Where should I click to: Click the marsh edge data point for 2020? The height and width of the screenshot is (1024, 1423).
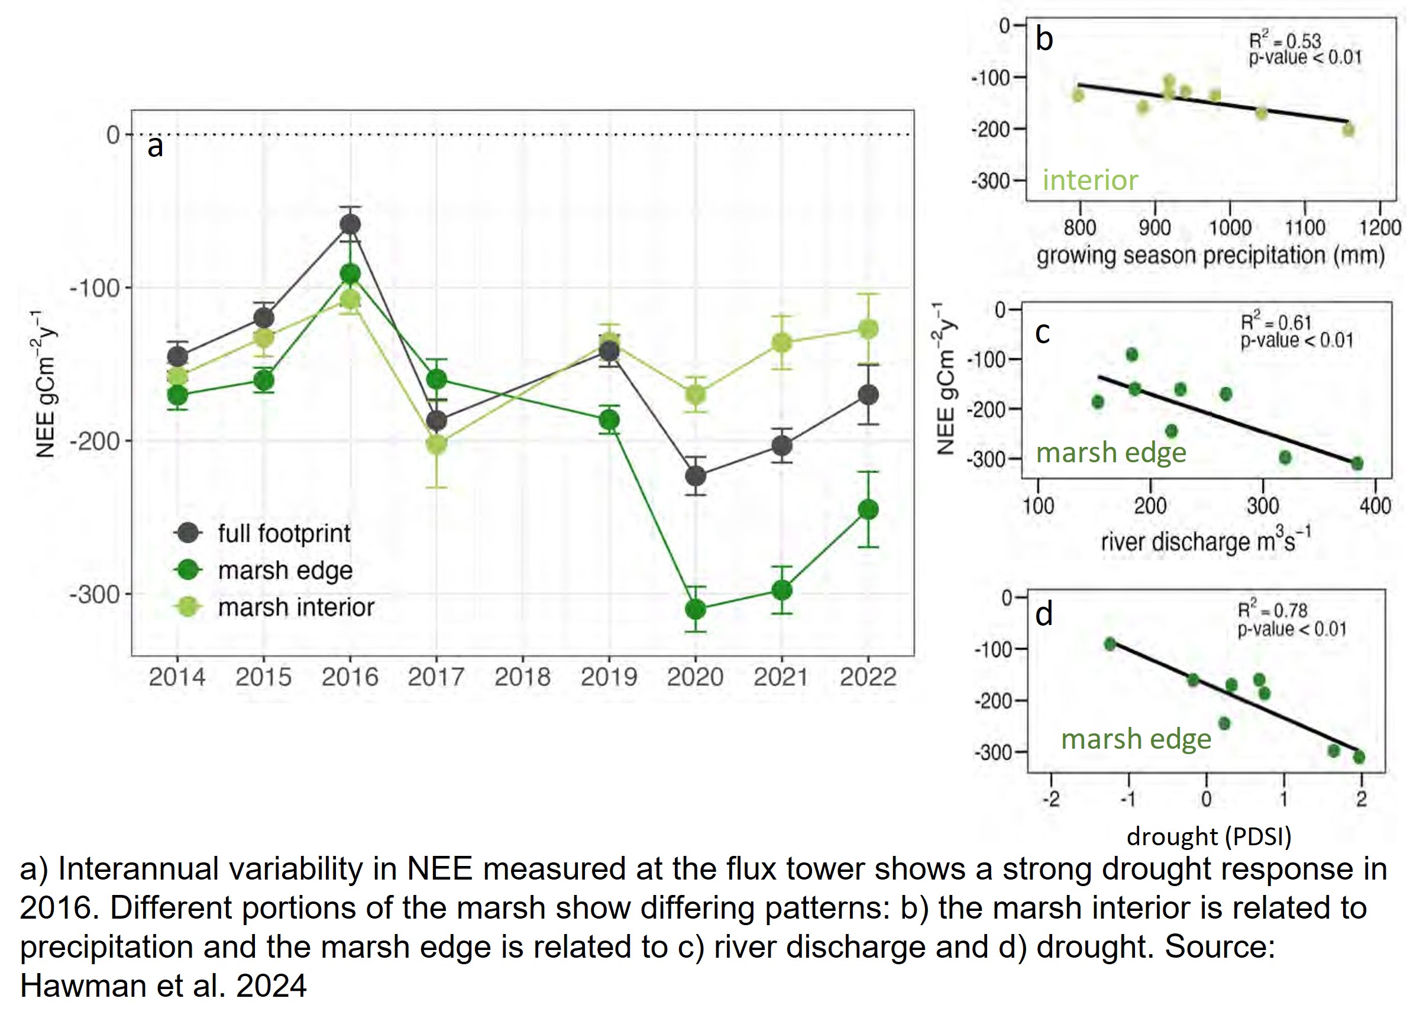pyautogui.click(x=695, y=609)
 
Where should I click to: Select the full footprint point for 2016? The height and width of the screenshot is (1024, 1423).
pyautogui.click(x=350, y=224)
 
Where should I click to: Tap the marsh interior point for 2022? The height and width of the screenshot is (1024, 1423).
pyautogui.click(x=868, y=329)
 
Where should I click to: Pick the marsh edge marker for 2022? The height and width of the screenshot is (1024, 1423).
pyautogui.click(x=868, y=509)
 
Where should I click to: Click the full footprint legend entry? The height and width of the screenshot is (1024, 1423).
pyautogui.click(x=284, y=534)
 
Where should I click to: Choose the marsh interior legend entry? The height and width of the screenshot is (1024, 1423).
pyautogui.click(x=296, y=607)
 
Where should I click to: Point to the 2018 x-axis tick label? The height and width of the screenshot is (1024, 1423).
pyautogui.click(x=522, y=677)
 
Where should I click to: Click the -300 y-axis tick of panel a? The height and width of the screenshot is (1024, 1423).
pyautogui.click(x=94, y=594)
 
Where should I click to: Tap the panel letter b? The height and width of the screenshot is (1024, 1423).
pyautogui.click(x=1044, y=39)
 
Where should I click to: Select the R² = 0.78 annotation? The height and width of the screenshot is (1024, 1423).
pyautogui.click(x=1272, y=610)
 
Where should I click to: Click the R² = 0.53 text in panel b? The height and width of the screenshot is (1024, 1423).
pyautogui.click(x=1285, y=41)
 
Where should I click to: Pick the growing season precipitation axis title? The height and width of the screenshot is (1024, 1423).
pyautogui.click(x=1210, y=256)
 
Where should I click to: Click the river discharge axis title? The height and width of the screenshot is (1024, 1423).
pyautogui.click(x=1205, y=541)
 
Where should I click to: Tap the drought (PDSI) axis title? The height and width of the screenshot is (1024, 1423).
pyautogui.click(x=1208, y=837)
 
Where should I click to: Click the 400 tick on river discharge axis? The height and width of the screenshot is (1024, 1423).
pyautogui.click(x=1375, y=505)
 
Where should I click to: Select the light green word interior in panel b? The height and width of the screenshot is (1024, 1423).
pyautogui.click(x=1090, y=181)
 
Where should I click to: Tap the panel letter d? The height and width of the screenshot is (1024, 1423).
pyautogui.click(x=1043, y=614)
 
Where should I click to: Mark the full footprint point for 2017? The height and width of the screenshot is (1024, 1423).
pyautogui.click(x=436, y=421)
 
